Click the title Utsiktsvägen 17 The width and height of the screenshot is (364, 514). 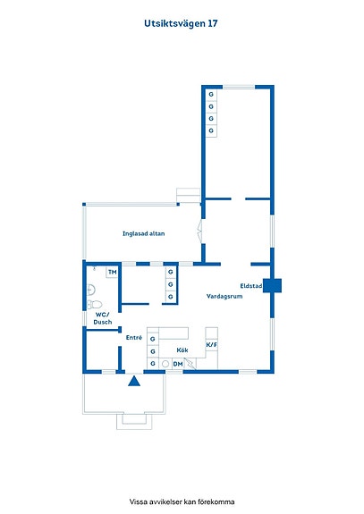point(181,23)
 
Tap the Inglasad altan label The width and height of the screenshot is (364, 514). point(144,233)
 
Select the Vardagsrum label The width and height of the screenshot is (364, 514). point(224,297)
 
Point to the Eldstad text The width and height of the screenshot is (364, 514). point(251,286)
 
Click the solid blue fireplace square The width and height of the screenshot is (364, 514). point(272,285)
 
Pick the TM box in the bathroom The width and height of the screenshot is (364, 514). point(112,273)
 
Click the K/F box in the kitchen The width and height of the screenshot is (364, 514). point(211,345)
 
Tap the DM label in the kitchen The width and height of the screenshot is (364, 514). point(178,364)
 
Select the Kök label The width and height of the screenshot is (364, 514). point(182,350)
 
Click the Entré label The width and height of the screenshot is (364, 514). point(134,337)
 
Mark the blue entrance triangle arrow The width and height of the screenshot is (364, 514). point(134,381)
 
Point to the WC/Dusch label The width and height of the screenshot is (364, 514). point(103,318)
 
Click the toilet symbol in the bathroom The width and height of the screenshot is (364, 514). point(95,305)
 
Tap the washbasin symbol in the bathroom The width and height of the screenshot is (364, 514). point(91,290)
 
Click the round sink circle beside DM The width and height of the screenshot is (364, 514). point(165,364)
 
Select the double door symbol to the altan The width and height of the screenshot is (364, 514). point(199,232)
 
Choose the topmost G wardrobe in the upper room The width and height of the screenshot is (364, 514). point(211,95)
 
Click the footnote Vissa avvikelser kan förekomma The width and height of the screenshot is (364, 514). point(182,501)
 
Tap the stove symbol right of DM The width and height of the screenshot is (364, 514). point(190,364)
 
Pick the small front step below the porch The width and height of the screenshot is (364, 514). point(134,422)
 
